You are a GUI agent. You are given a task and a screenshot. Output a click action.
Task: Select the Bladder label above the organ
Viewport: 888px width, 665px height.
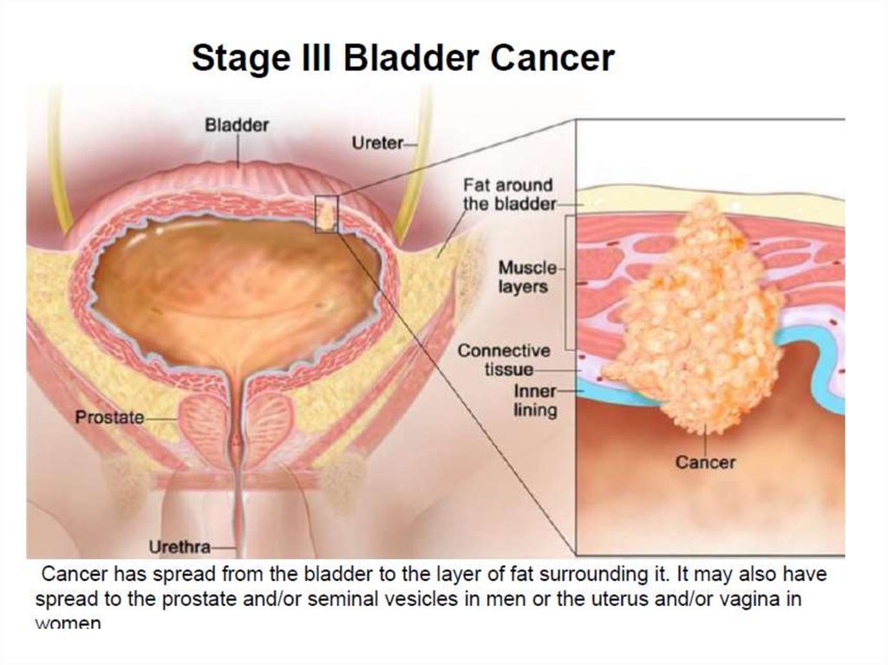tap(237, 125)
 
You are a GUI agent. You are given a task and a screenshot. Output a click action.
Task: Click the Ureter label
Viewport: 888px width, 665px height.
tap(377, 143)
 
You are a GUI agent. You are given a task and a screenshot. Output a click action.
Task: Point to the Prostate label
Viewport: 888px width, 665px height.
tap(109, 417)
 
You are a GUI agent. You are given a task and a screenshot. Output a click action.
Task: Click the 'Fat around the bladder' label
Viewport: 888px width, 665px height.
tap(508, 195)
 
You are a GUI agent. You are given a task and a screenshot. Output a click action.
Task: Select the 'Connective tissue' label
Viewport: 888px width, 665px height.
tap(504, 360)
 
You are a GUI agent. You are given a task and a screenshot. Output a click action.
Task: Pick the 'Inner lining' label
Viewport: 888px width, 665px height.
tap(534, 401)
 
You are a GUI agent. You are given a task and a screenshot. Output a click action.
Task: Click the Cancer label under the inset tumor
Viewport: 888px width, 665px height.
tap(705, 462)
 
